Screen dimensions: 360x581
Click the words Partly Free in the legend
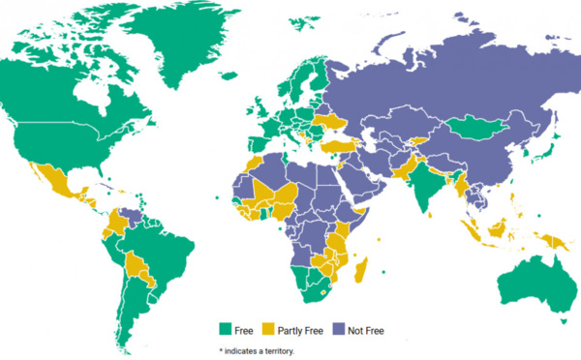point(300,331)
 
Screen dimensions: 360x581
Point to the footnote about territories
point(256,349)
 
